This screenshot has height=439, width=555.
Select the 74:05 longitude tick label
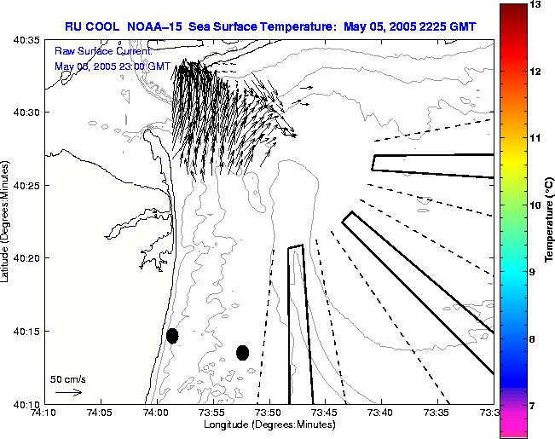[101, 413]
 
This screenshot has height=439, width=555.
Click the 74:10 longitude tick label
[44, 413]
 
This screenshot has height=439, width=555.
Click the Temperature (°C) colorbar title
[550, 219]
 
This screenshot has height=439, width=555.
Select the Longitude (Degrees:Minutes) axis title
[269, 425]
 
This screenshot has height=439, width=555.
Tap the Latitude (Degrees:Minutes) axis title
[7, 220]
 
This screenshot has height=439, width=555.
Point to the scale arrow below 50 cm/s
[67, 392]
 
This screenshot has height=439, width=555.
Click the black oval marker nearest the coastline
[172, 336]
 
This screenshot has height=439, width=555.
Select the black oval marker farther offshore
[242, 352]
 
